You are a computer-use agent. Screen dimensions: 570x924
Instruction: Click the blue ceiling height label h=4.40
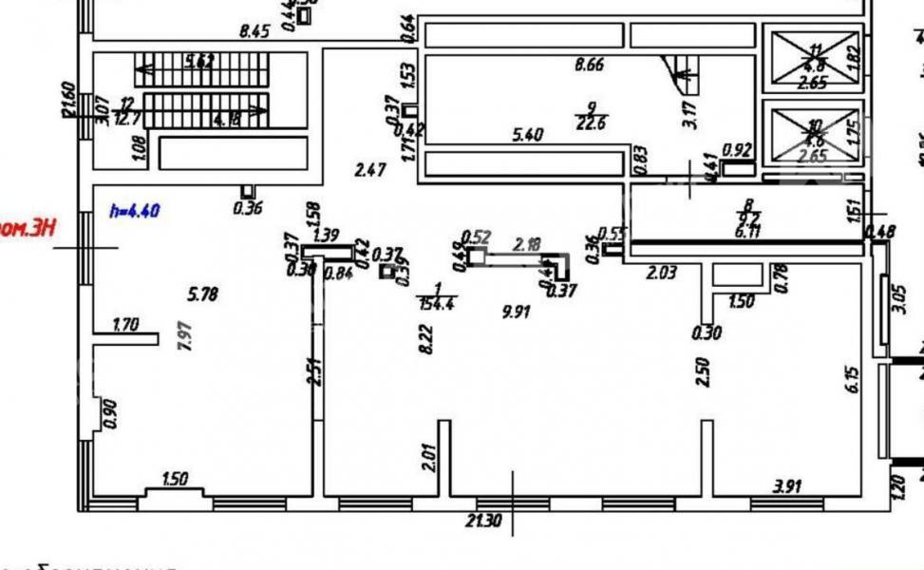point(134,211)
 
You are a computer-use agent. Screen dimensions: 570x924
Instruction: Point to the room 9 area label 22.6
point(591,121)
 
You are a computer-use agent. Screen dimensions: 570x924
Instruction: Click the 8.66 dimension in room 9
point(591,66)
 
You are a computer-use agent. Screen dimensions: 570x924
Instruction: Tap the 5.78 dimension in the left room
point(203,294)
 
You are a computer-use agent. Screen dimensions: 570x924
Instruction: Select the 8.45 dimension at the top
point(255,30)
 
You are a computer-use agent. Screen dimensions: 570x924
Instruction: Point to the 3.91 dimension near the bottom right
point(789,487)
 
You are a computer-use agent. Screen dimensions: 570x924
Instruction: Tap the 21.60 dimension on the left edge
point(68,98)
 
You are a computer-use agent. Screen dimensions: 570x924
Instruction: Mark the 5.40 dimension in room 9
point(527,135)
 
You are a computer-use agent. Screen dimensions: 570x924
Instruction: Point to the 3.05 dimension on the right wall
point(902,298)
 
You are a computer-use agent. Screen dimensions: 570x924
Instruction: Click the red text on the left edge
point(26,228)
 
